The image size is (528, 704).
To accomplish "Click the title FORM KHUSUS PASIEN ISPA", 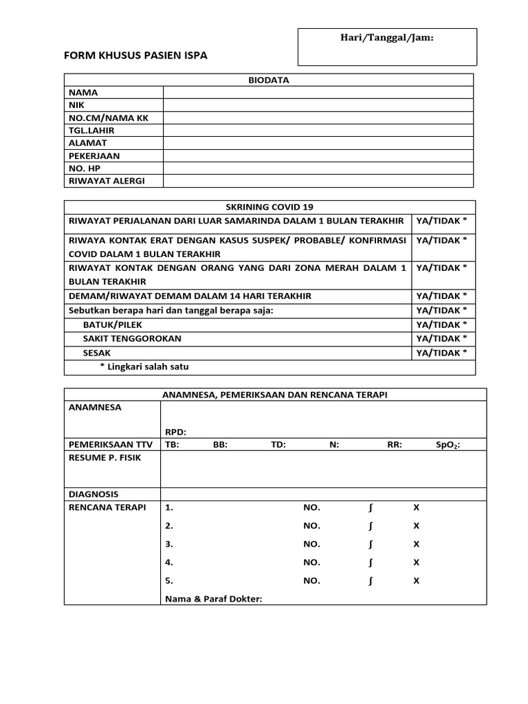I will coord(135,56).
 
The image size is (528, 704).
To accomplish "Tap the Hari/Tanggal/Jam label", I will coord(387,38).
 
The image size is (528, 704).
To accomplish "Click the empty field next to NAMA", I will coord(318,92).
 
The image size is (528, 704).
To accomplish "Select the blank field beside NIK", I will coord(318,105).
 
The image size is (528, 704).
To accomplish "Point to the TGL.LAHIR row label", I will coord(91,131).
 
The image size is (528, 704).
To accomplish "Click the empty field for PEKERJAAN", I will coord(318,156).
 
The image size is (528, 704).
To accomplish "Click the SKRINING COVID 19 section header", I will coord(269,207).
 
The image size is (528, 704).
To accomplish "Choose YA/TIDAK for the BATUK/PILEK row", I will coord(441,324).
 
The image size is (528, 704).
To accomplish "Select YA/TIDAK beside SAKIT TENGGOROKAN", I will coord(441,338).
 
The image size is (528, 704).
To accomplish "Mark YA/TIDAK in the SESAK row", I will coord(441,353).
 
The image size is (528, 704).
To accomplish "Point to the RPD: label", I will coord(176,432).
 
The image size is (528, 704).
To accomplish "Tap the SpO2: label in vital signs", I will coord(448,445).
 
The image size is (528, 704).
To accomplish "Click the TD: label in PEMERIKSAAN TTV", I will coord(278,445).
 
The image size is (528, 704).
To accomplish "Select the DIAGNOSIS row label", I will coord(93,494).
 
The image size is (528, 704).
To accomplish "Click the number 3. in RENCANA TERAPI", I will coord(169,544).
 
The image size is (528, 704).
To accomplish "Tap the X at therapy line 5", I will coord(416,580).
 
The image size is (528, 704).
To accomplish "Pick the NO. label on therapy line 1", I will coord(311,507).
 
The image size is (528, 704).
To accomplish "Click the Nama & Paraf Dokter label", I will coord(214,599).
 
